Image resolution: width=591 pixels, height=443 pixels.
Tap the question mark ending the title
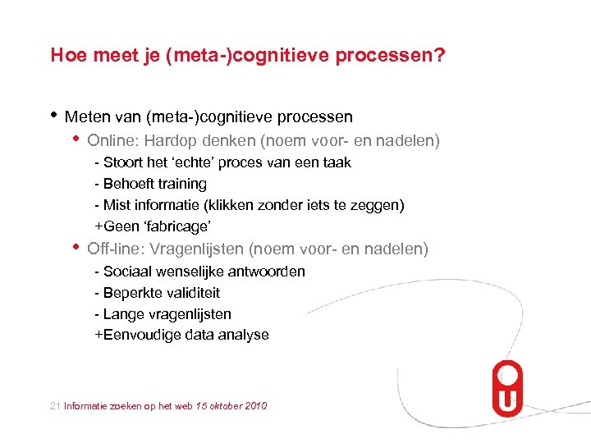coord(441,56)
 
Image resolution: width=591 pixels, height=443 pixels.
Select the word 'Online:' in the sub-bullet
coord(113,141)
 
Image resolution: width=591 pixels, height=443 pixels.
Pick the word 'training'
coord(181,184)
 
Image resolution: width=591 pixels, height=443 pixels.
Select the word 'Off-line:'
coord(117,249)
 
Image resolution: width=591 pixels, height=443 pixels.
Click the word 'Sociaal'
coord(129,272)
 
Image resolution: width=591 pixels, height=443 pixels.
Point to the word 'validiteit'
coord(192,293)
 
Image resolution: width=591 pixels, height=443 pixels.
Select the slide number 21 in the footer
coord(55,406)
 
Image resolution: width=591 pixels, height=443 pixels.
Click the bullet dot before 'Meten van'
coord(54,115)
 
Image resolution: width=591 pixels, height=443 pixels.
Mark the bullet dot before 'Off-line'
coord(76,246)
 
